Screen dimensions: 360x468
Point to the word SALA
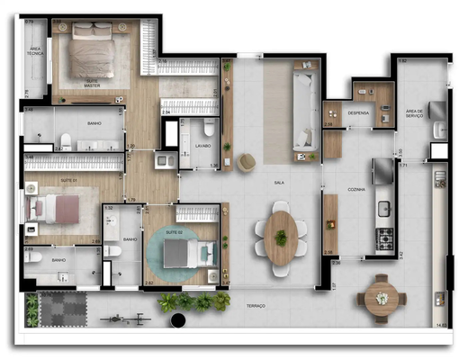pos(280,182)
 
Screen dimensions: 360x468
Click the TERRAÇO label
pos(255,306)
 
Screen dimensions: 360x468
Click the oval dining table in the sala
pos(281,237)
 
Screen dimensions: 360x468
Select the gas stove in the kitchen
pos(385,239)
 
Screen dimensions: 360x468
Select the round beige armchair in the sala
pos(246,161)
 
